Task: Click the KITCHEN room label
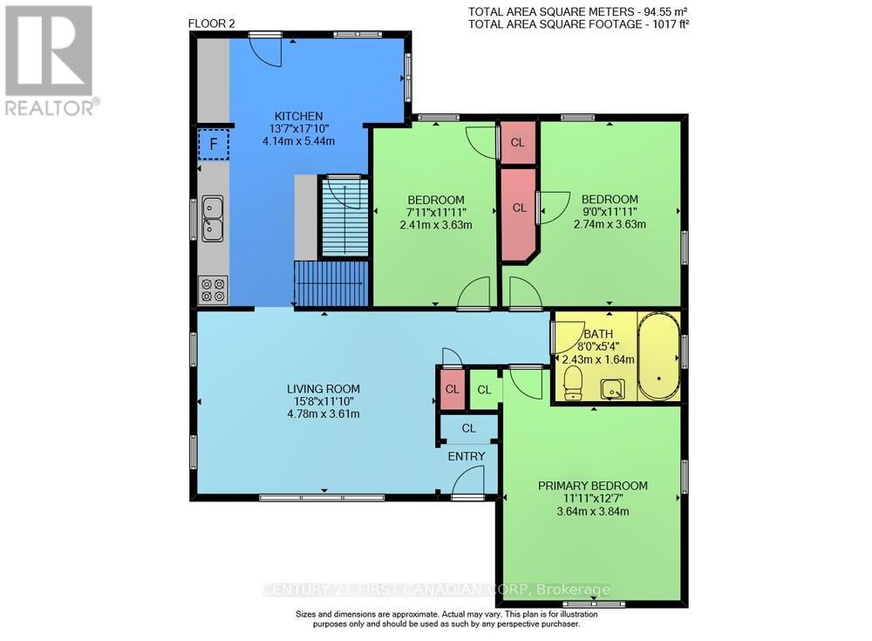coord(299,116)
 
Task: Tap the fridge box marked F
coord(213,145)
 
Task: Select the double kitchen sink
coord(212,218)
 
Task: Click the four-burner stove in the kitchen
coord(212,290)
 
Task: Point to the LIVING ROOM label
coord(324,389)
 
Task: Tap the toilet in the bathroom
coord(573,381)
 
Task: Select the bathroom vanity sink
coord(615,389)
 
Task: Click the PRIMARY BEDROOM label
coord(592,486)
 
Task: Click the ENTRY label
coord(467,456)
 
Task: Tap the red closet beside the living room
coord(452,389)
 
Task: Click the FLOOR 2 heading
coord(211,24)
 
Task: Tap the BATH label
coord(598,334)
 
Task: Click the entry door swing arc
coord(471,479)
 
